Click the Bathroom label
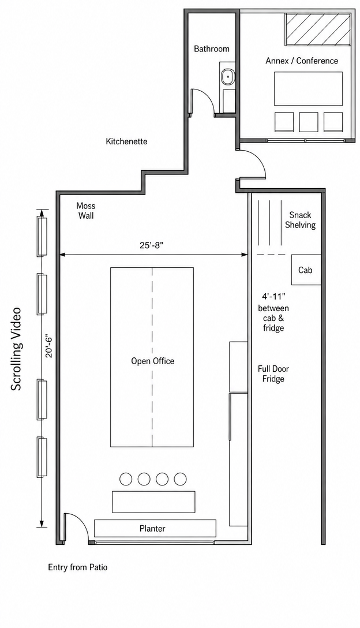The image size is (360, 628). (x=211, y=49)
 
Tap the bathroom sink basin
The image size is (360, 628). (x=228, y=76)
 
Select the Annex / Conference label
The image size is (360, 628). (x=302, y=61)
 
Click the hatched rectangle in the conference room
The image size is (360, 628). (x=318, y=29)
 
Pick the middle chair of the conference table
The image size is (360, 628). (x=309, y=122)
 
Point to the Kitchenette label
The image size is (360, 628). (x=126, y=141)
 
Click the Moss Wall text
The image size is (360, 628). (x=86, y=211)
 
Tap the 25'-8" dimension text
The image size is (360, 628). (x=152, y=245)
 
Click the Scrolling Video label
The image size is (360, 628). (x=16, y=349)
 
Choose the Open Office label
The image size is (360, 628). (x=152, y=361)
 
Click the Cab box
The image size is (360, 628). (x=306, y=270)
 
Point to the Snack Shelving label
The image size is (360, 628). (x=301, y=220)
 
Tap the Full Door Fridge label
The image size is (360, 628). (x=273, y=373)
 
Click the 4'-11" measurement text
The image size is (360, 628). (x=273, y=297)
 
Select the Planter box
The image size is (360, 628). (x=155, y=528)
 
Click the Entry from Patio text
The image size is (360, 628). (x=78, y=567)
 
